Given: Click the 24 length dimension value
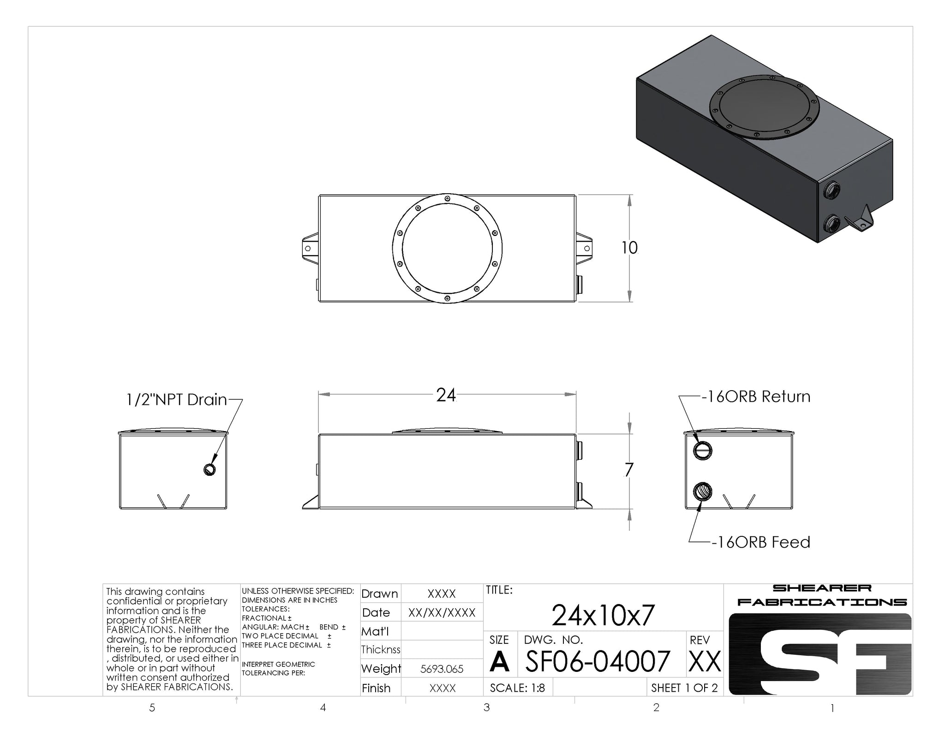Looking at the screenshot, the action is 446,395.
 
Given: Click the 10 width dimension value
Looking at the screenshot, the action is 629,248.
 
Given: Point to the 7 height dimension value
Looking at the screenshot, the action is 628,470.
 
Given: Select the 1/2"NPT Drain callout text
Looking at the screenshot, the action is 177,399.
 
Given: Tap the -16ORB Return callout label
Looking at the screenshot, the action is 756,397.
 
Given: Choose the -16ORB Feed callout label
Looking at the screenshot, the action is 760,542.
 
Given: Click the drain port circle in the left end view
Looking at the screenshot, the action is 209,469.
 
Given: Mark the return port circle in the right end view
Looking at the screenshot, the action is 703,451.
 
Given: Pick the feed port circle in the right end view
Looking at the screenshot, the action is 703,491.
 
